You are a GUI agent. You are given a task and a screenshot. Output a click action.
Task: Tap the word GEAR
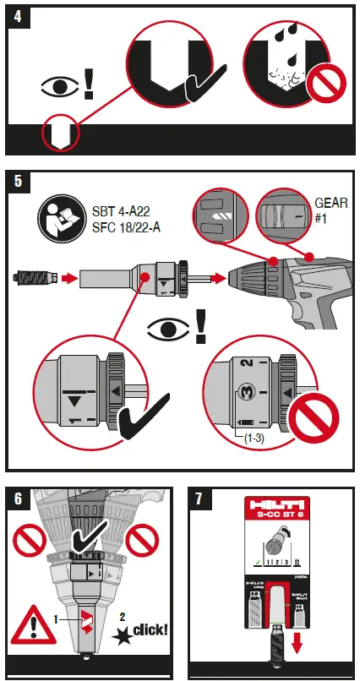pos(331,204)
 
